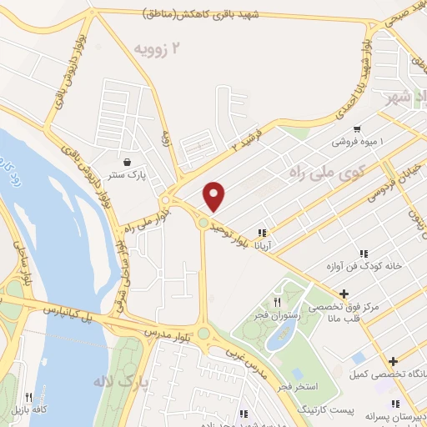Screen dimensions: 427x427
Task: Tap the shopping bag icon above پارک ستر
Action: [126, 162]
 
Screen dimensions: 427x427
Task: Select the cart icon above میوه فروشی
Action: [357, 129]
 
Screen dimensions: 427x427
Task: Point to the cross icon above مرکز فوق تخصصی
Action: [344, 294]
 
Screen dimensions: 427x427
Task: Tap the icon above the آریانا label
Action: [262, 233]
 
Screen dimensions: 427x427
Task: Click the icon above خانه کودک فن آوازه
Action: [363, 254]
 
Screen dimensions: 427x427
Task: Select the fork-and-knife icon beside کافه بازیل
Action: [29, 397]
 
